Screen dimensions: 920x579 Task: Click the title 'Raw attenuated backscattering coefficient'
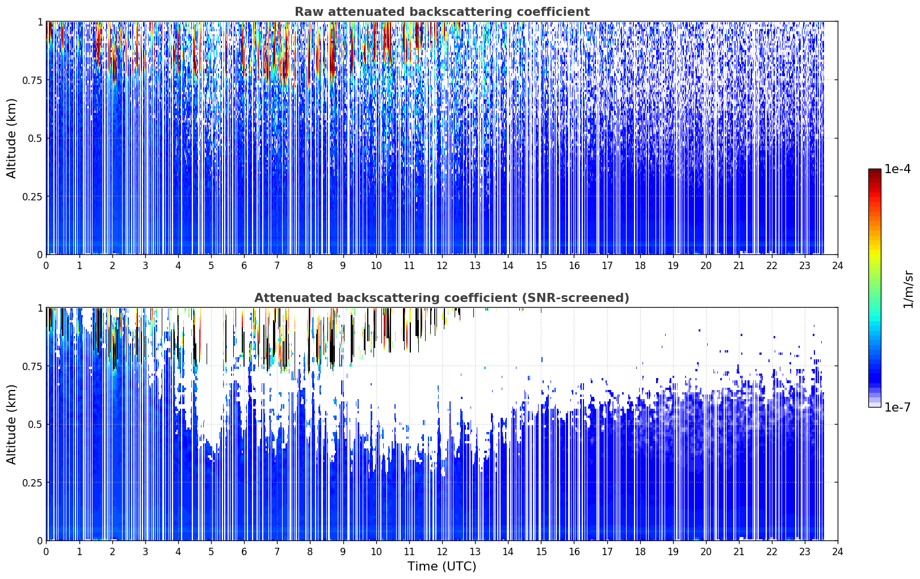(x=442, y=11)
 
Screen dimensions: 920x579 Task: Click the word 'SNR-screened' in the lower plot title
(x=571, y=297)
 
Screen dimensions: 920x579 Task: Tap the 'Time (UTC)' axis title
(x=442, y=567)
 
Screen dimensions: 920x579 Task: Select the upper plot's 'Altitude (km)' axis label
(x=11, y=139)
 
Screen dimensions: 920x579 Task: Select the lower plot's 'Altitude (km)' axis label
(x=11, y=425)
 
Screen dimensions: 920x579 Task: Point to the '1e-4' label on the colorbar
(x=897, y=169)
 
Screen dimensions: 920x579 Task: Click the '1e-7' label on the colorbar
(x=897, y=407)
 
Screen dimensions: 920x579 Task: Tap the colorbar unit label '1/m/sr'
(x=908, y=289)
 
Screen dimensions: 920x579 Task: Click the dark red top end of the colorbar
(x=875, y=171)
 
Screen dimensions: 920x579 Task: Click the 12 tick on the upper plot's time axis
(x=442, y=266)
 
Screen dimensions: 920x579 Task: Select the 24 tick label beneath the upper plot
(x=838, y=266)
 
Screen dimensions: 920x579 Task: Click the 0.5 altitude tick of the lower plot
(x=35, y=424)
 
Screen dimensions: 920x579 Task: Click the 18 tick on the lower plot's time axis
(x=640, y=552)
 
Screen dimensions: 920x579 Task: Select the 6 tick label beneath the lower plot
(x=244, y=552)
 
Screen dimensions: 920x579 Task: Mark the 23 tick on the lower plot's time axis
(x=805, y=552)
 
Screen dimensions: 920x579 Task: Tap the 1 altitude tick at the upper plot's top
(x=40, y=22)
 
